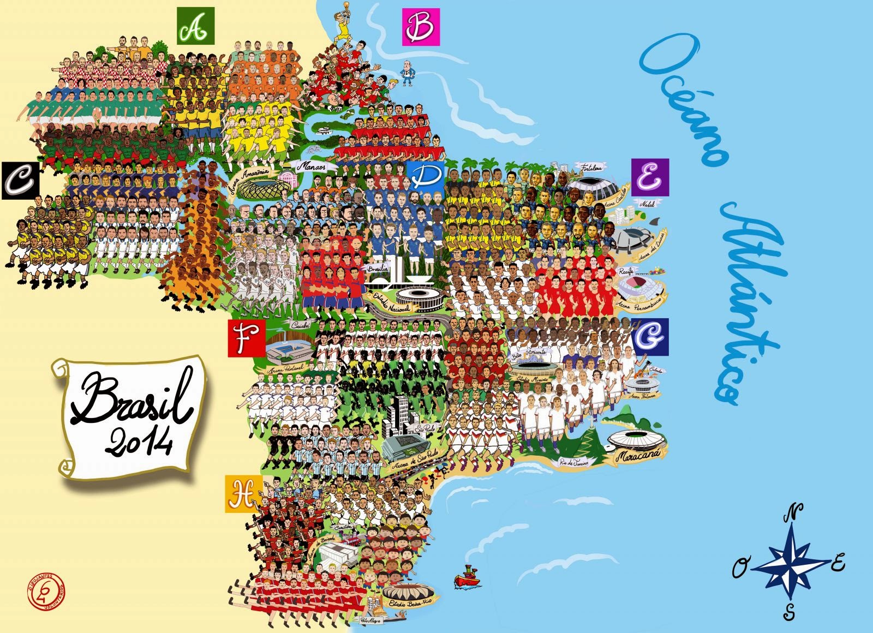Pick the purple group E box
(x=650, y=177)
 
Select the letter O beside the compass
(x=740, y=569)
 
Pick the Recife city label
(x=626, y=271)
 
